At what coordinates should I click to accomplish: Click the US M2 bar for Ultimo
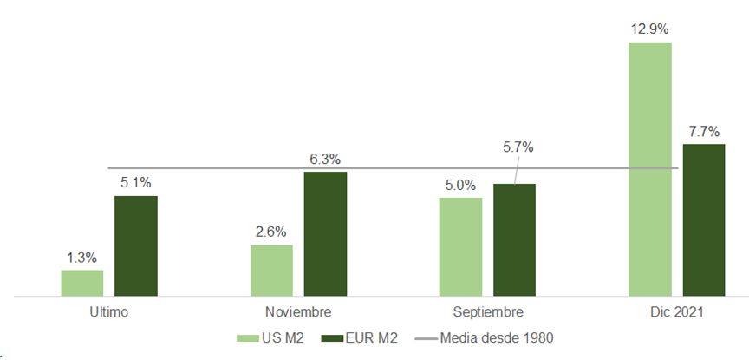[81, 283]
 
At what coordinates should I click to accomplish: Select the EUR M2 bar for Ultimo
[136, 246]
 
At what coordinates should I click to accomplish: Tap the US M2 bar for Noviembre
[271, 271]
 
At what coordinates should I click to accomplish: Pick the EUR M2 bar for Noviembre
[325, 234]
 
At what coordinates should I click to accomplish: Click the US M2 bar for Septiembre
[460, 247]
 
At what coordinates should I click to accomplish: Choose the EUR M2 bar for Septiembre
[514, 240]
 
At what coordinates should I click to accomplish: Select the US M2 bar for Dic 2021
[649, 169]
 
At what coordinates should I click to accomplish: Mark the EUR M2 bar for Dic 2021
[704, 220]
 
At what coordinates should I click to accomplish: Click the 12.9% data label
[650, 29]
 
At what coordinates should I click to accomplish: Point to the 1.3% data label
[81, 257]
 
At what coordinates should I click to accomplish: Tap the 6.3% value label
[325, 159]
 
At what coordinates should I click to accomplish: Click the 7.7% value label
[704, 131]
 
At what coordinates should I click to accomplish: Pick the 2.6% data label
[271, 232]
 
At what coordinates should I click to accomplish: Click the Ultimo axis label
[108, 311]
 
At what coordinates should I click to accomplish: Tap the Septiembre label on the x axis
[487, 311]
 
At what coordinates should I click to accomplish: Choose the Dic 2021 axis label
[676, 311]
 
